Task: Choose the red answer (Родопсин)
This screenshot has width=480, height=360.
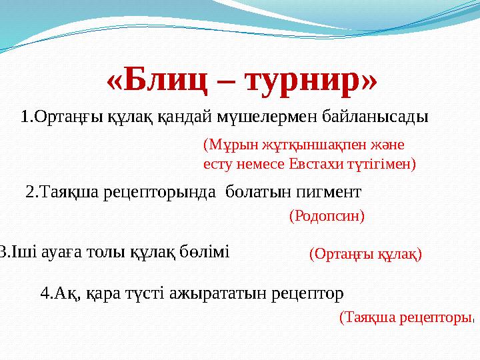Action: pyautogui.click(x=327, y=216)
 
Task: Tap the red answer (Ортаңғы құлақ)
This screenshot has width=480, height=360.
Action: pyautogui.click(x=366, y=254)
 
